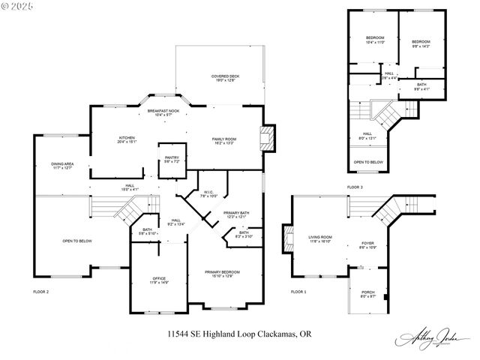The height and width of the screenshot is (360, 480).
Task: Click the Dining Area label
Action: [x=62, y=166]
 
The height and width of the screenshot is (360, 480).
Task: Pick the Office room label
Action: [x=159, y=280]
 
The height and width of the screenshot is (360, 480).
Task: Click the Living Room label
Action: [x=320, y=239]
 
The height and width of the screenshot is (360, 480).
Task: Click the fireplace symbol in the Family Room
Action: [x=266, y=139]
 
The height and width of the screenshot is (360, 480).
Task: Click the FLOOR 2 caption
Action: [x=41, y=291]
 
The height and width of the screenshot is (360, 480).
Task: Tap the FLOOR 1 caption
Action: [x=299, y=291]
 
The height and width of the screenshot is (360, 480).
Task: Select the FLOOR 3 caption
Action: [x=355, y=186]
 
